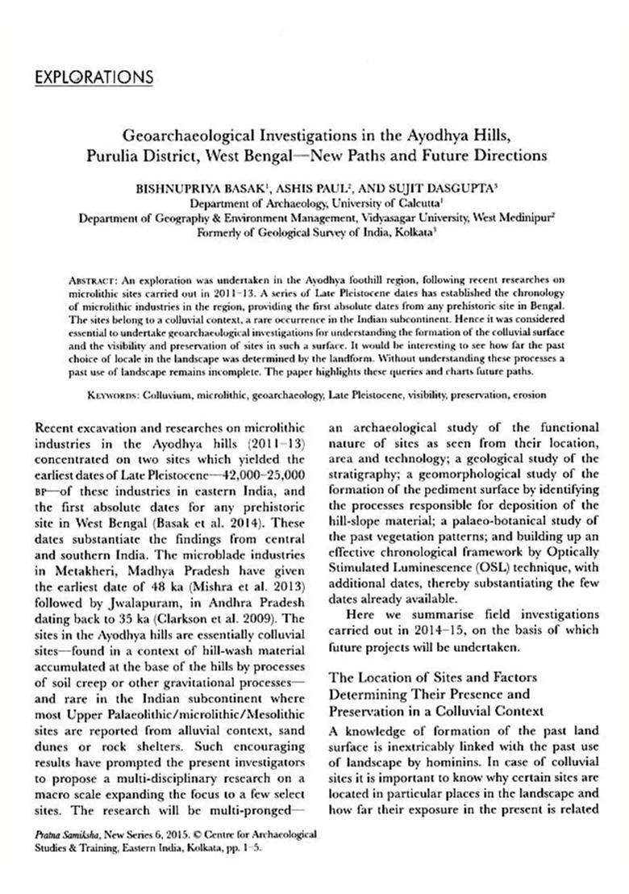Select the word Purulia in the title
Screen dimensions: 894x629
(x=112, y=154)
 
